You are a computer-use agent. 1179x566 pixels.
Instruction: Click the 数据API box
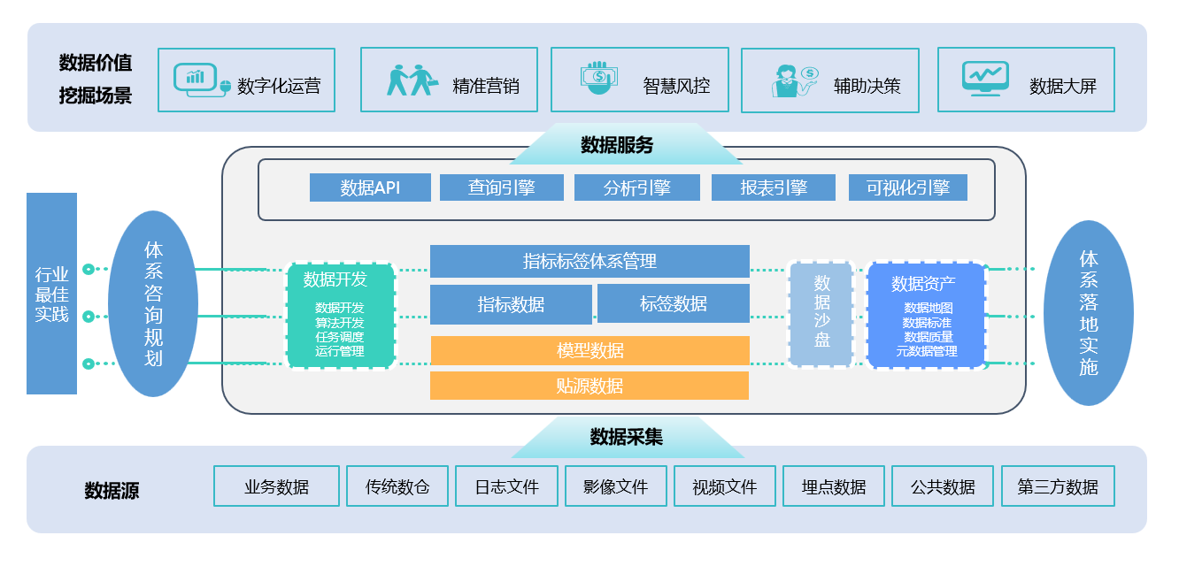tap(370, 187)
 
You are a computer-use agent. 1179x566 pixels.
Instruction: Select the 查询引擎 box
tap(501, 187)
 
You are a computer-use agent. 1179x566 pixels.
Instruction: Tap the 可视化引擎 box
tap(907, 187)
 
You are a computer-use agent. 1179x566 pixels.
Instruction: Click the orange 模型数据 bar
tap(589, 350)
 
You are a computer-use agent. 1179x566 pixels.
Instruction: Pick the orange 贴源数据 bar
tap(589, 386)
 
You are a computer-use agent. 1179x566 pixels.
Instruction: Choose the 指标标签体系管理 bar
tap(589, 261)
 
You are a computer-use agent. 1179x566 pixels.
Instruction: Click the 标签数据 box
tap(673, 303)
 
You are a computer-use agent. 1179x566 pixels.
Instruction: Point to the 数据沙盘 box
tap(821, 313)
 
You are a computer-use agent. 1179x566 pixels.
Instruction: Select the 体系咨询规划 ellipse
tap(153, 303)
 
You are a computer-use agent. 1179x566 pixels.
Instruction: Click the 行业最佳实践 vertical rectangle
tap(51, 294)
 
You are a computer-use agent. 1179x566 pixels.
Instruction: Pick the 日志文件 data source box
tap(506, 486)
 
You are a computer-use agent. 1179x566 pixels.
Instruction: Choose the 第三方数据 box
tap(1057, 486)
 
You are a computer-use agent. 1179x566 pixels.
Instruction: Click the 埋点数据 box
tap(833, 486)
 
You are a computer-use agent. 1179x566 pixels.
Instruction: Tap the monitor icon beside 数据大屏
tap(985, 78)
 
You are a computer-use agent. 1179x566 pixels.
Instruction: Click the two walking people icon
tap(411, 80)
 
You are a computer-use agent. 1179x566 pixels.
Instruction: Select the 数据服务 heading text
tap(617, 145)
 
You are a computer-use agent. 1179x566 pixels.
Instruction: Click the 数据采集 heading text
tap(626, 436)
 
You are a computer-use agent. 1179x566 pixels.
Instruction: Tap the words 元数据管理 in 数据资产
tap(927, 351)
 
